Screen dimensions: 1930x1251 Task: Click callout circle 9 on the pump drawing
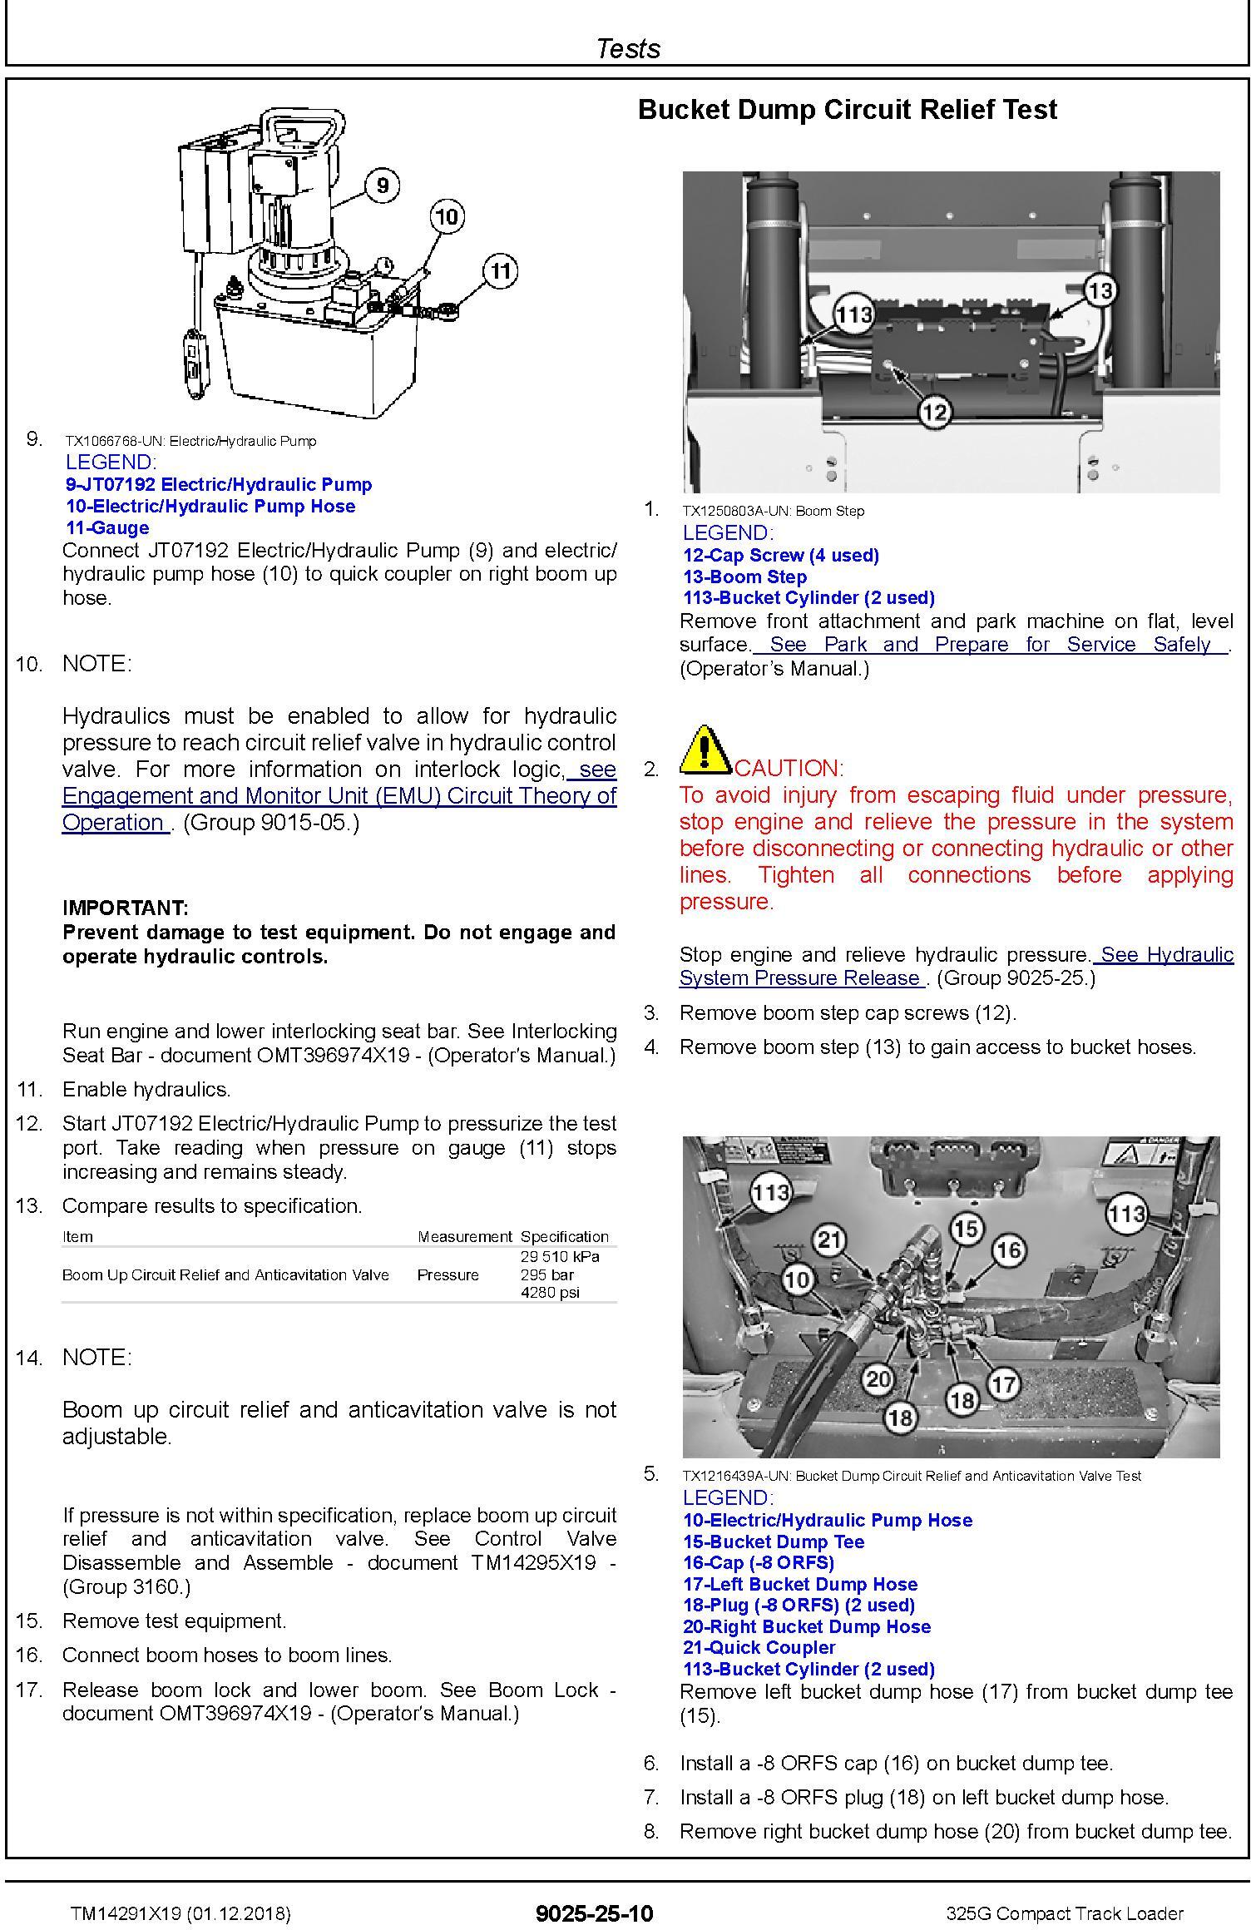tap(382, 184)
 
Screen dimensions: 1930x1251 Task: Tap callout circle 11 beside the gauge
tap(500, 270)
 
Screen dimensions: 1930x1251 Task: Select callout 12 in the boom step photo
tap(935, 412)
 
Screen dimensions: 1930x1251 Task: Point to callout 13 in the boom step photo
tap(1100, 291)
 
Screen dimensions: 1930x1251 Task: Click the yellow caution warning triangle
tap(704, 748)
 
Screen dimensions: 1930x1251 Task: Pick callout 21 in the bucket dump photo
tap(829, 1241)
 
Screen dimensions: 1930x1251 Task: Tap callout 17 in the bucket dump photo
tap(1004, 1384)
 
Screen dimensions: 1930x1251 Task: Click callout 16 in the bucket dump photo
tap(1008, 1249)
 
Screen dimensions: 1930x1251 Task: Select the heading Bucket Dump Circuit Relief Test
tap(847, 110)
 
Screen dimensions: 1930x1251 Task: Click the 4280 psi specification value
tap(549, 1293)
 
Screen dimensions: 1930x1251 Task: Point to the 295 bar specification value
tap(547, 1274)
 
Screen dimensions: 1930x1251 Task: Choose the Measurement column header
tap(464, 1237)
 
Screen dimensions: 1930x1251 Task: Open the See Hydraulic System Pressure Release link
tap(956, 967)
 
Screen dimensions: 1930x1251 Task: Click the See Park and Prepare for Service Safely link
tap(990, 645)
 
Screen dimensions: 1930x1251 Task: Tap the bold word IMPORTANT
tap(126, 908)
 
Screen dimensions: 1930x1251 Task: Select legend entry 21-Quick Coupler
tap(759, 1647)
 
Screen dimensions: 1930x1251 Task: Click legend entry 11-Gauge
tap(107, 527)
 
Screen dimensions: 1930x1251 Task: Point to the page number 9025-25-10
tap(595, 1913)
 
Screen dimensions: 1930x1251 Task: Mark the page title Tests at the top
tap(628, 48)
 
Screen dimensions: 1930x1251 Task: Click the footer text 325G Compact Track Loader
tap(1065, 1913)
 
